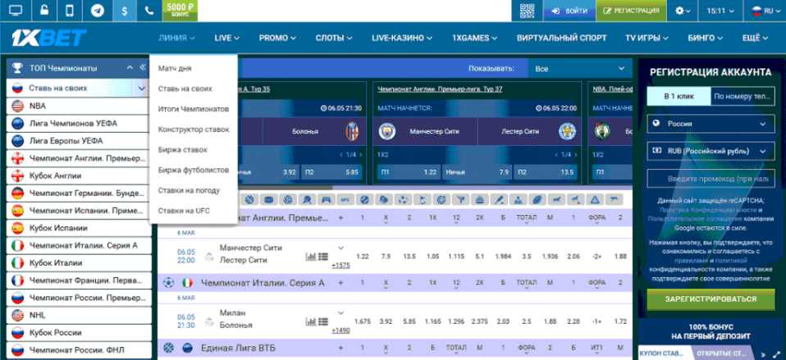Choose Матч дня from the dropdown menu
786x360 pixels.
tap(175, 68)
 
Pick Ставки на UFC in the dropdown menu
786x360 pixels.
tap(184, 211)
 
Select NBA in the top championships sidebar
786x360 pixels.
tap(38, 106)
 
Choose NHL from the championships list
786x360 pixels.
tap(38, 314)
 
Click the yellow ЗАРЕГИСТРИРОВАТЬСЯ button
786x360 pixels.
tap(711, 299)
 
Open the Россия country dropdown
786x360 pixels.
tap(711, 124)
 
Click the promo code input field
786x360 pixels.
tap(711, 179)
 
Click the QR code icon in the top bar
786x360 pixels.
tap(528, 11)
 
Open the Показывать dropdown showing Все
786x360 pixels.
tap(578, 69)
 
